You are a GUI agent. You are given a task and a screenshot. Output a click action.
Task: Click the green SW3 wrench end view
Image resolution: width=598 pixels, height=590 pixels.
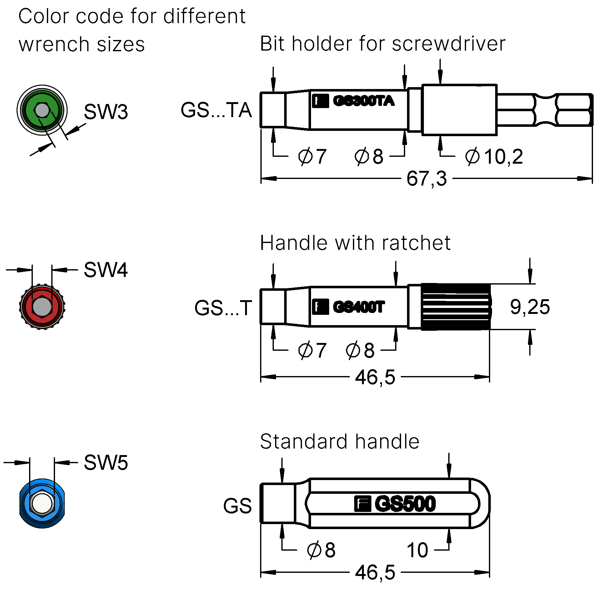click(x=42, y=110)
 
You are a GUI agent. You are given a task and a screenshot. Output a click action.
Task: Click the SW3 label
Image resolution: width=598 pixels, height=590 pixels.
click(x=106, y=112)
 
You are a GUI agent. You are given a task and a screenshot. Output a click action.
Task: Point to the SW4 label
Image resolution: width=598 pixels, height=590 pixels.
click(x=106, y=270)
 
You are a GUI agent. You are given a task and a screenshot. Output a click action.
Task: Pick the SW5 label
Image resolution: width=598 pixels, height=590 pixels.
click(x=106, y=462)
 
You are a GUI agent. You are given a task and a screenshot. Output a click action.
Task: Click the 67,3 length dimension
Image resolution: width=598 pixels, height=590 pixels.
click(x=426, y=179)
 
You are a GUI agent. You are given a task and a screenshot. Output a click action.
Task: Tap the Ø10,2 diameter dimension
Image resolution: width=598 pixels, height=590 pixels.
click(x=493, y=156)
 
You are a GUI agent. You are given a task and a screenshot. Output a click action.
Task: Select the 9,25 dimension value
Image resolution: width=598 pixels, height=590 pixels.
click(x=530, y=307)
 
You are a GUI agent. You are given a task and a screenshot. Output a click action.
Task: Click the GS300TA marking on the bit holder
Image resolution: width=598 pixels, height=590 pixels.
click(x=363, y=101)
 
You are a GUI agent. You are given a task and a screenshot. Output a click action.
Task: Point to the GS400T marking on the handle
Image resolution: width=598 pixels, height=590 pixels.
click(x=358, y=307)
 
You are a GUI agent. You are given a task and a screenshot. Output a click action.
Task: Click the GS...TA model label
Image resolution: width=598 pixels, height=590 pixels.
click(x=216, y=110)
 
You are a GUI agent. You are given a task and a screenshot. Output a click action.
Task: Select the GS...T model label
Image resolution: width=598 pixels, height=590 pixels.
click(x=223, y=308)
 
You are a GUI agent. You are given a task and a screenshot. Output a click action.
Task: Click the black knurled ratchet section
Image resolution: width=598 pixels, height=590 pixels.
click(x=456, y=307)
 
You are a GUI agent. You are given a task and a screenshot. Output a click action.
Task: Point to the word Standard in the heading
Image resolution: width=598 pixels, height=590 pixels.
click(x=304, y=441)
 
